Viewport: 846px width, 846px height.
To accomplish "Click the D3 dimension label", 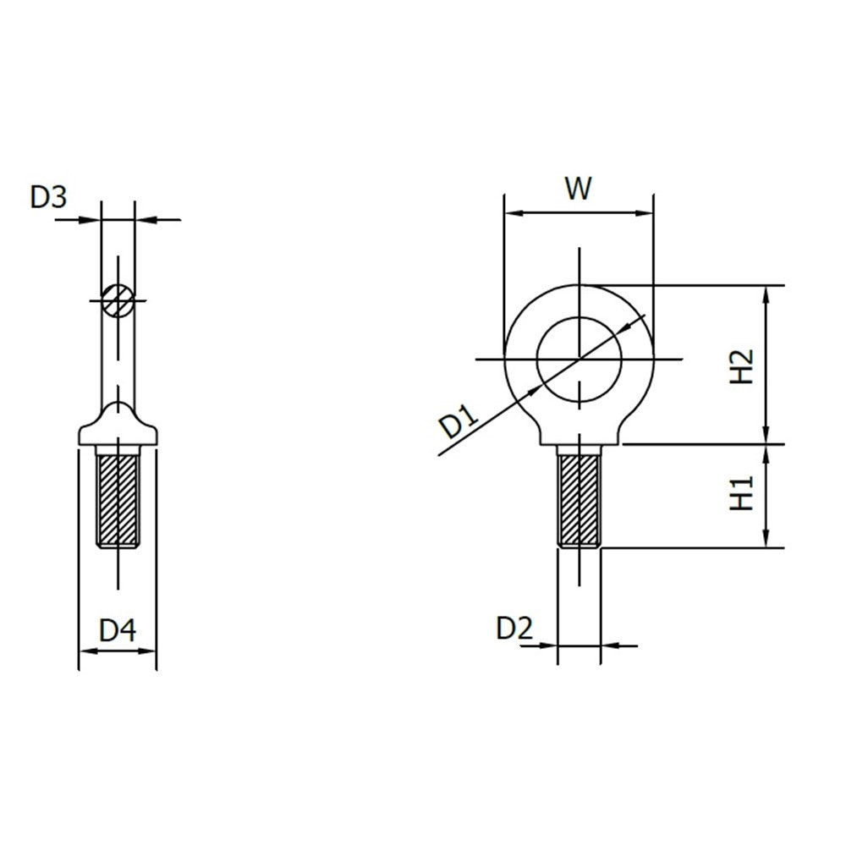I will click(48, 197).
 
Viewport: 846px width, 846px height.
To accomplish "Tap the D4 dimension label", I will click(118, 630).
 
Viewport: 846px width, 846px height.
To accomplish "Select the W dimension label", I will click(578, 188).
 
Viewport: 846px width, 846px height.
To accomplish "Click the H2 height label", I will click(741, 365).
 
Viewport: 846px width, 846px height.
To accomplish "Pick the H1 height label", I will click(741, 494).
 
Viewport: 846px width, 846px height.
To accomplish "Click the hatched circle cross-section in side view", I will click(117, 299).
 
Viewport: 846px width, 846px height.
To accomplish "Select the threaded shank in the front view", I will click(580, 499).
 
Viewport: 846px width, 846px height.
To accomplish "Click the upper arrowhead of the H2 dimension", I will click(766, 293).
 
